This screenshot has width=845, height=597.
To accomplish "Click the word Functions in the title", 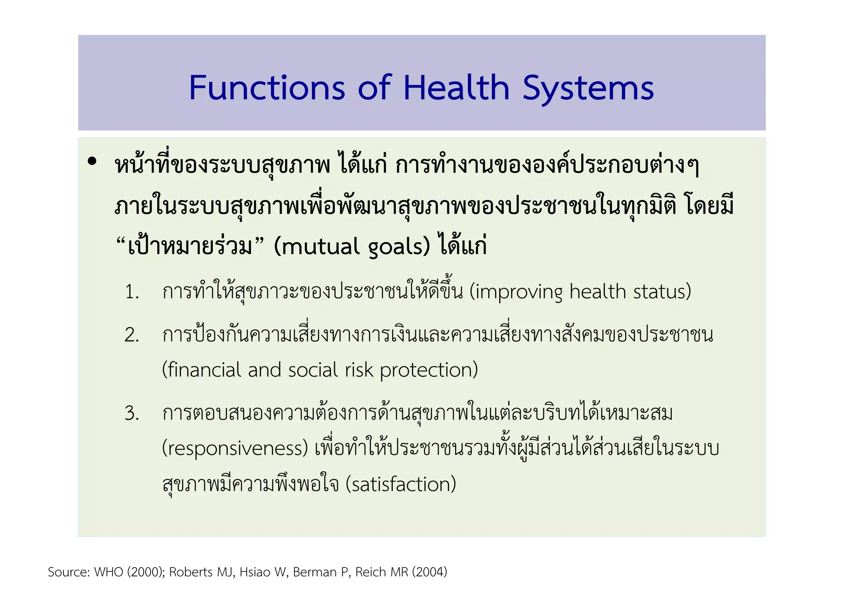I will [267, 88].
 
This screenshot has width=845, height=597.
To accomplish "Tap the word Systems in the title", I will [588, 89].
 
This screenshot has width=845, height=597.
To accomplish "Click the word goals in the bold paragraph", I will [395, 247].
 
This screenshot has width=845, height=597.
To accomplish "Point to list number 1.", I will [132, 292].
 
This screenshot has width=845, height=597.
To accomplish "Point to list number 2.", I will [132, 335].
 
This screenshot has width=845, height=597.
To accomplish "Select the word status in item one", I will [658, 291].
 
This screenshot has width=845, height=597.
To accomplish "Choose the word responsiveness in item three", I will [235, 448].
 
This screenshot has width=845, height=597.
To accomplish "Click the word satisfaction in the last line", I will [401, 484].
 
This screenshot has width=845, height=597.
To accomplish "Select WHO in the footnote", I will [109, 572].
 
